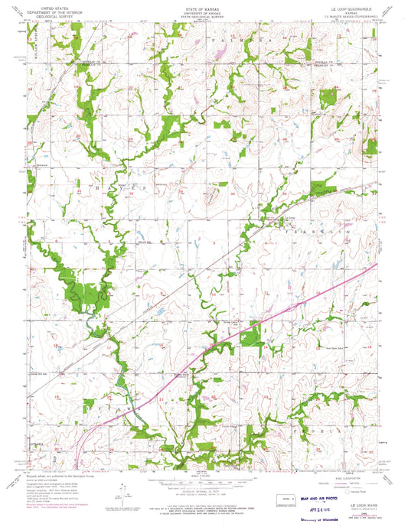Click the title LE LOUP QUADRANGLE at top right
pyautogui.click(x=351, y=8)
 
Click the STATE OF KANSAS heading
pyautogui.click(x=203, y=7)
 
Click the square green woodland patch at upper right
pyautogui.click(x=328, y=97)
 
